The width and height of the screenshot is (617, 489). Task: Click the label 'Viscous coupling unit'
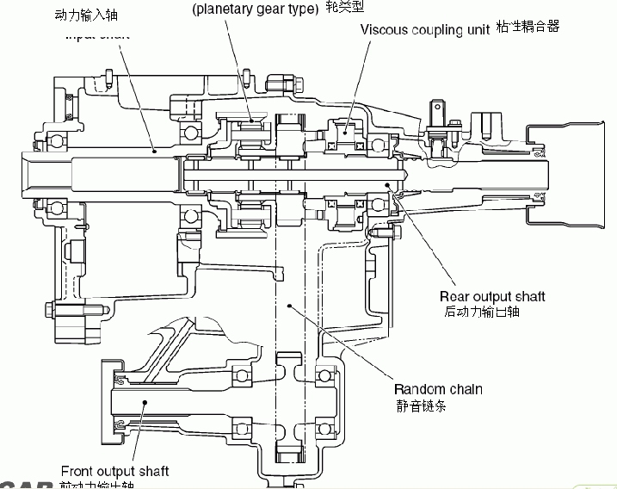tap(425, 28)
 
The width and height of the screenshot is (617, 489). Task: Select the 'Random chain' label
tap(438, 389)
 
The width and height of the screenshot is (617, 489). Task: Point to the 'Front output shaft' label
tap(114, 471)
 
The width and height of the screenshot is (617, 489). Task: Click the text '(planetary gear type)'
tap(255, 9)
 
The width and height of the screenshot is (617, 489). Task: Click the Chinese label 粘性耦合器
tap(528, 28)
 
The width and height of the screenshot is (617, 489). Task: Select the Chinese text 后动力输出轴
tap(482, 312)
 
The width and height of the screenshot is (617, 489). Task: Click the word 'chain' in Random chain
tap(465, 389)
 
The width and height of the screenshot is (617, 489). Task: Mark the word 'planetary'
tap(228, 9)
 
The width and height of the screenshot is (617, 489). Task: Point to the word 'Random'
tap(419, 389)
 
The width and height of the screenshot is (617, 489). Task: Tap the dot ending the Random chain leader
tap(290, 302)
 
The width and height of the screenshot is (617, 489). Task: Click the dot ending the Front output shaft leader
tap(145, 403)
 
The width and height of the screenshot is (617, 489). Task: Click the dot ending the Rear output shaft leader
tap(388, 183)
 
